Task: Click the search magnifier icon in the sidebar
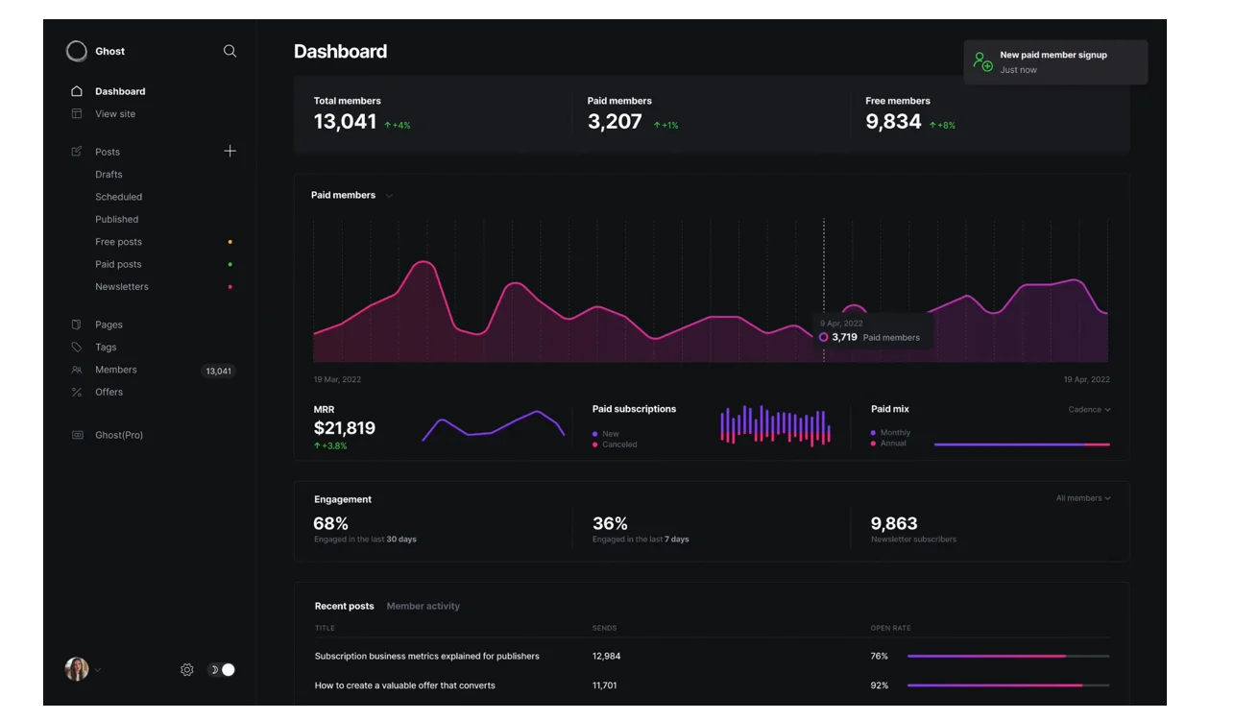pyautogui.click(x=230, y=51)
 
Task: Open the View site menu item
pyautogui.click(x=115, y=114)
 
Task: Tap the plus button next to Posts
pyautogui.click(x=230, y=151)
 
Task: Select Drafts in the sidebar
pyautogui.click(x=109, y=175)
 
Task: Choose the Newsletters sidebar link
pyautogui.click(x=122, y=287)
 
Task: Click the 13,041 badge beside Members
pyautogui.click(x=218, y=371)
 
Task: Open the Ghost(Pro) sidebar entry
pyautogui.click(x=119, y=435)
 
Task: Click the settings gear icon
pyautogui.click(x=187, y=670)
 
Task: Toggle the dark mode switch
pyautogui.click(x=222, y=670)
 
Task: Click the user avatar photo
pyautogui.click(x=77, y=669)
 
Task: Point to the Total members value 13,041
pyautogui.click(x=345, y=122)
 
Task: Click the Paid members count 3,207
pyautogui.click(x=615, y=122)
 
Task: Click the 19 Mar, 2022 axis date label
pyautogui.click(x=337, y=380)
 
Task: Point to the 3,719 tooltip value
pyautogui.click(x=844, y=337)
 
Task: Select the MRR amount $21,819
pyautogui.click(x=345, y=428)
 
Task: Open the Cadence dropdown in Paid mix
pyautogui.click(x=1089, y=410)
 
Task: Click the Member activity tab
pyautogui.click(x=423, y=607)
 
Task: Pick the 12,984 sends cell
pyautogui.click(x=606, y=657)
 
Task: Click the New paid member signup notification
pyautogui.click(x=1054, y=61)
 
